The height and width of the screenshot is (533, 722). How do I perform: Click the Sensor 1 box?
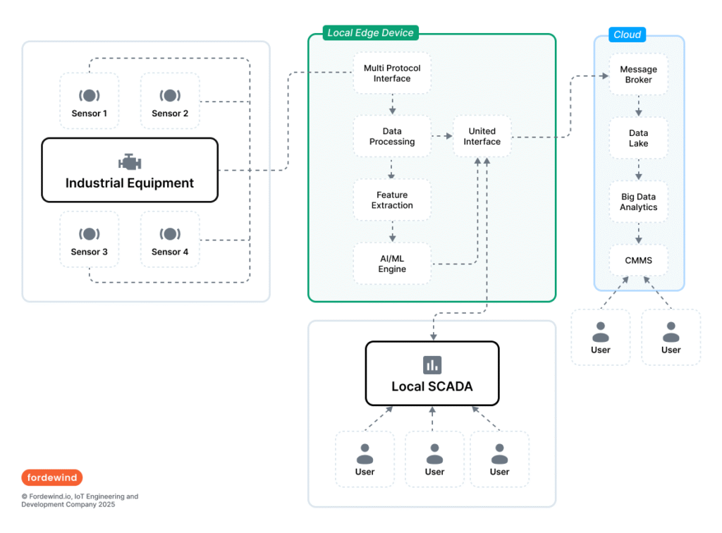(x=89, y=101)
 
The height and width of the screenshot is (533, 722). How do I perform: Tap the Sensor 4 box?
(x=170, y=239)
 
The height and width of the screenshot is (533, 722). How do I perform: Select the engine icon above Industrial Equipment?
(x=130, y=161)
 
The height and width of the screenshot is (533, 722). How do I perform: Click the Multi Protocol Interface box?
(x=392, y=73)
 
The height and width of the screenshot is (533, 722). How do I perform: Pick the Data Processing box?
(x=392, y=136)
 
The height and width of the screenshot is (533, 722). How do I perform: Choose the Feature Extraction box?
(x=392, y=200)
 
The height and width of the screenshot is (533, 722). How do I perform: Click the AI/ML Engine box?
(x=392, y=264)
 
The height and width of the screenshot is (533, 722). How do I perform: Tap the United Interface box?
(x=482, y=136)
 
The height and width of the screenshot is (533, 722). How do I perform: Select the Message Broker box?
(x=639, y=74)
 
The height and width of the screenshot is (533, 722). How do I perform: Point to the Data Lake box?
(x=639, y=138)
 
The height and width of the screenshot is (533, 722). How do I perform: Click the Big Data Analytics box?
(x=639, y=202)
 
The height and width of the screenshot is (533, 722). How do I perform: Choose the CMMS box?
(x=639, y=260)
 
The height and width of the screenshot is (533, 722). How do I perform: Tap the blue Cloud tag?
(x=628, y=35)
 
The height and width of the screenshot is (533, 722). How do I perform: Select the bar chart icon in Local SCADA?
(x=432, y=364)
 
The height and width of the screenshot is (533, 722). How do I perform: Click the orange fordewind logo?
(x=51, y=477)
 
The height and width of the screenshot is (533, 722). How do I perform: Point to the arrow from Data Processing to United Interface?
(x=441, y=136)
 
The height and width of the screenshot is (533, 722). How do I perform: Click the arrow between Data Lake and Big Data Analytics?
(x=639, y=170)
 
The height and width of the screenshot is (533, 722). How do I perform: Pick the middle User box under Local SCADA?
(x=434, y=459)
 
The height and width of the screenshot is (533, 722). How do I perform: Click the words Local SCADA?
(x=432, y=386)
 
